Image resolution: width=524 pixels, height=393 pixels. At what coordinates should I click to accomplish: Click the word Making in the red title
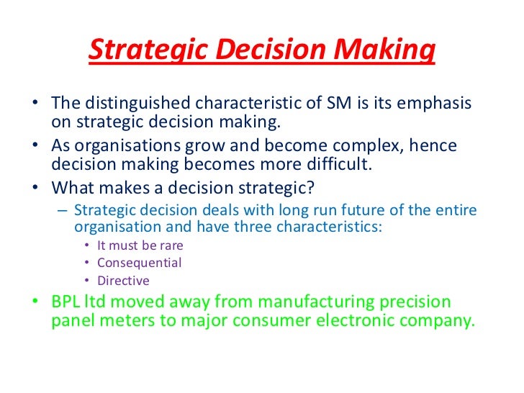point(387,52)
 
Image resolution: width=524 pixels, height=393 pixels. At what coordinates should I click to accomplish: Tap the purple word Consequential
point(140,263)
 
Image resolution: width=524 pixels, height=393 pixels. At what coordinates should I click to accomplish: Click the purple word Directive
point(123,281)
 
